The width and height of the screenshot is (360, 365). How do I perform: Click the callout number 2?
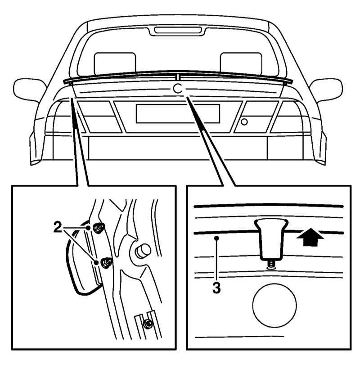pos(58,227)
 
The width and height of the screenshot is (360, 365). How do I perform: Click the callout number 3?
pos(216,288)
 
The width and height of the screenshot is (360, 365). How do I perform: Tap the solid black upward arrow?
pos(310,237)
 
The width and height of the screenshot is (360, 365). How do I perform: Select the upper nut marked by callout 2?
pos(99,227)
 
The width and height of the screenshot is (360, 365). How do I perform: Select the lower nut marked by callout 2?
pos(106,262)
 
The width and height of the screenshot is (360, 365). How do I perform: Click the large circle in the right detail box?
pos(274,306)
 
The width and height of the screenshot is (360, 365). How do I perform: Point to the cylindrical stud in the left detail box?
pos(142,251)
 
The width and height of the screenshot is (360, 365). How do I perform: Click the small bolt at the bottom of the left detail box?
pos(148,323)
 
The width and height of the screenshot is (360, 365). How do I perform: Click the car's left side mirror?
pos(30,90)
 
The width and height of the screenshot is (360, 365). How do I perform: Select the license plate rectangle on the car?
pos(178,113)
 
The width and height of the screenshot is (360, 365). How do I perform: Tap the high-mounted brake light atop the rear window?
pos(178,30)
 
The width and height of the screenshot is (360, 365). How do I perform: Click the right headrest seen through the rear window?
pos(241,63)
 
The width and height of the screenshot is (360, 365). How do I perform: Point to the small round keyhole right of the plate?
pos(244,122)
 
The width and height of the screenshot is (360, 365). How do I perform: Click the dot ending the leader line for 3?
pos(216,238)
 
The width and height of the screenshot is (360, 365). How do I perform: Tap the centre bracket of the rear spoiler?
pos(178,77)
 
